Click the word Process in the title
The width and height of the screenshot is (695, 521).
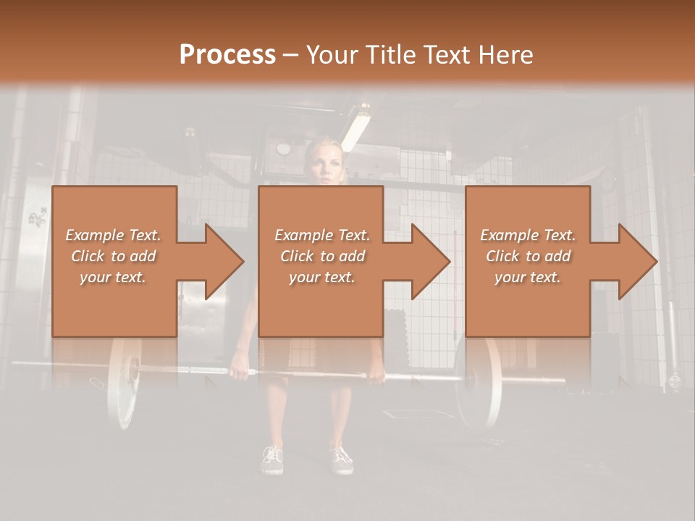point(227,55)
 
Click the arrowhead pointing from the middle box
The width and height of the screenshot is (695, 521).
point(429,261)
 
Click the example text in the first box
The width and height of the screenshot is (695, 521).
point(113,256)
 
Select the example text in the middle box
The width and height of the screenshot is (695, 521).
point(322,256)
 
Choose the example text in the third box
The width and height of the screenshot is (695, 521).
point(528,256)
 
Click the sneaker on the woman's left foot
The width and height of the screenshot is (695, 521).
point(341,458)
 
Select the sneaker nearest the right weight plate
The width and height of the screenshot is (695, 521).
point(341,458)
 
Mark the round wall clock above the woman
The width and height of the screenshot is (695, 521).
point(283,148)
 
